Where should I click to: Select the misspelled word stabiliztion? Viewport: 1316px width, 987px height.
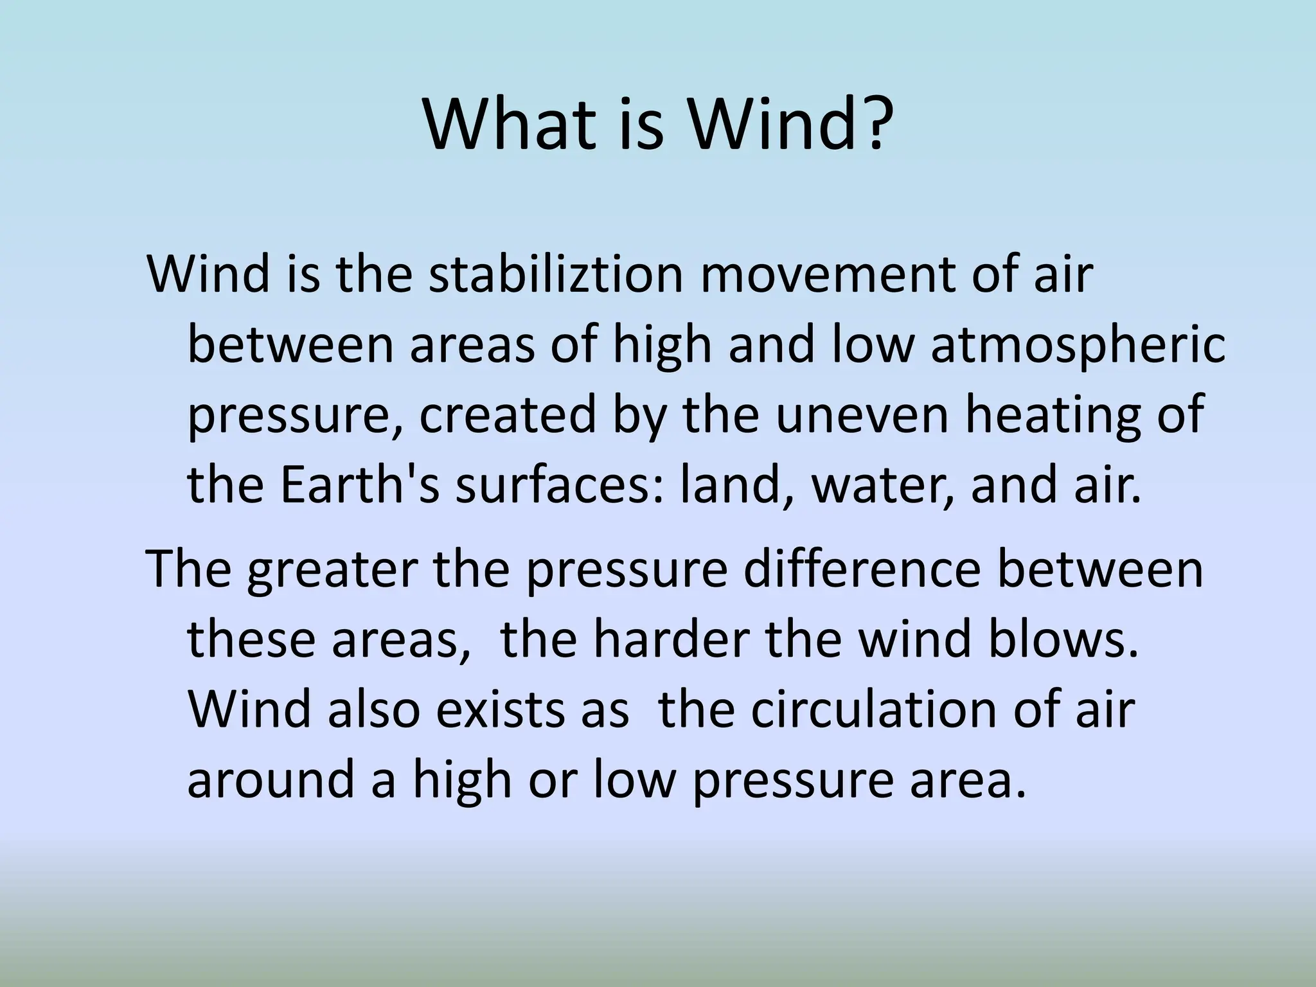(x=555, y=275)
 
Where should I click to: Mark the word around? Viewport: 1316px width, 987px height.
(x=271, y=780)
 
